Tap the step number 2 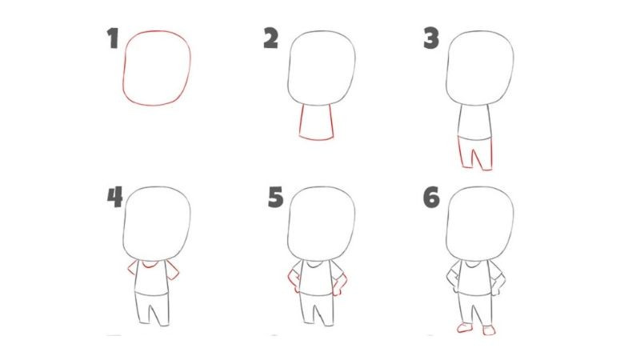point(270,38)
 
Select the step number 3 point(432,38)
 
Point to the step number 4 point(114,197)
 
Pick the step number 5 point(274,197)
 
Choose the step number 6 point(432,197)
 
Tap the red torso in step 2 point(317,122)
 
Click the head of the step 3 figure point(479,67)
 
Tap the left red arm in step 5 point(293,279)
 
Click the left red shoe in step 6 point(462,329)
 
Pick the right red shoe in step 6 point(487,330)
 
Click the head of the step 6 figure point(479,225)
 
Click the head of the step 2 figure point(321,67)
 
